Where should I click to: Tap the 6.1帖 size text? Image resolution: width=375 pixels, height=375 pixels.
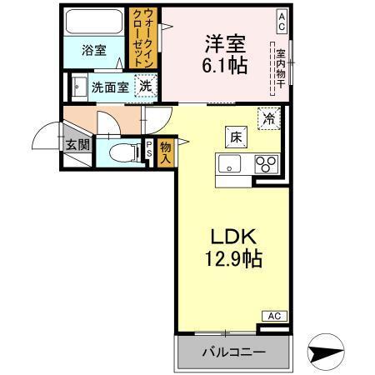pyautogui.click(x=226, y=66)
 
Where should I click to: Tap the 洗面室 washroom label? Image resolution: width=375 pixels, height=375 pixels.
pyautogui.click(x=108, y=85)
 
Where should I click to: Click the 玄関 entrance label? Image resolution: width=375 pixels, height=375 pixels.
pyautogui.click(x=77, y=144)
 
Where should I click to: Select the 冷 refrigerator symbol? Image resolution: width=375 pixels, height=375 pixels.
pyautogui.click(x=268, y=118)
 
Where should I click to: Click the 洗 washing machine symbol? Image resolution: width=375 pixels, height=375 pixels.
pyautogui.click(x=145, y=84)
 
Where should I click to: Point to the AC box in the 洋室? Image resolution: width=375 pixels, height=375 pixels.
pyautogui.click(x=282, y=17)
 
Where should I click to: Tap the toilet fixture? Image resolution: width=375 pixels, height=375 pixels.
pyautogui.click(x=122, y=152)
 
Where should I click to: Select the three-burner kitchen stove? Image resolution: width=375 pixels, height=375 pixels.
pyautogui.click(x=267, y=162)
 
